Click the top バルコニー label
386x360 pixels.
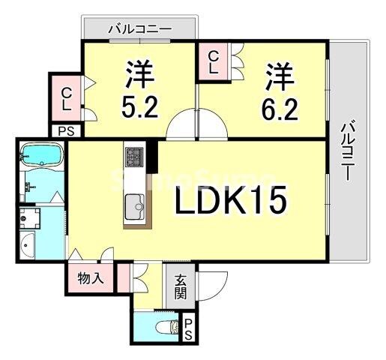tap(139, 30)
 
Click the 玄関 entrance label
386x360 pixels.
tap(180, 286)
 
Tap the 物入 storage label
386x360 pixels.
tap(91, 279)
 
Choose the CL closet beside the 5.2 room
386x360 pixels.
tap(67, 98)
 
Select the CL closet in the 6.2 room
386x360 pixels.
tap(213, 61)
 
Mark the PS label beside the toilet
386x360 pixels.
tap(189, 327)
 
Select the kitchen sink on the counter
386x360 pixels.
tap(135, 202)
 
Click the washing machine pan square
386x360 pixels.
tap(31, 218)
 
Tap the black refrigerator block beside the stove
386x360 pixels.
tap(151, 156)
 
